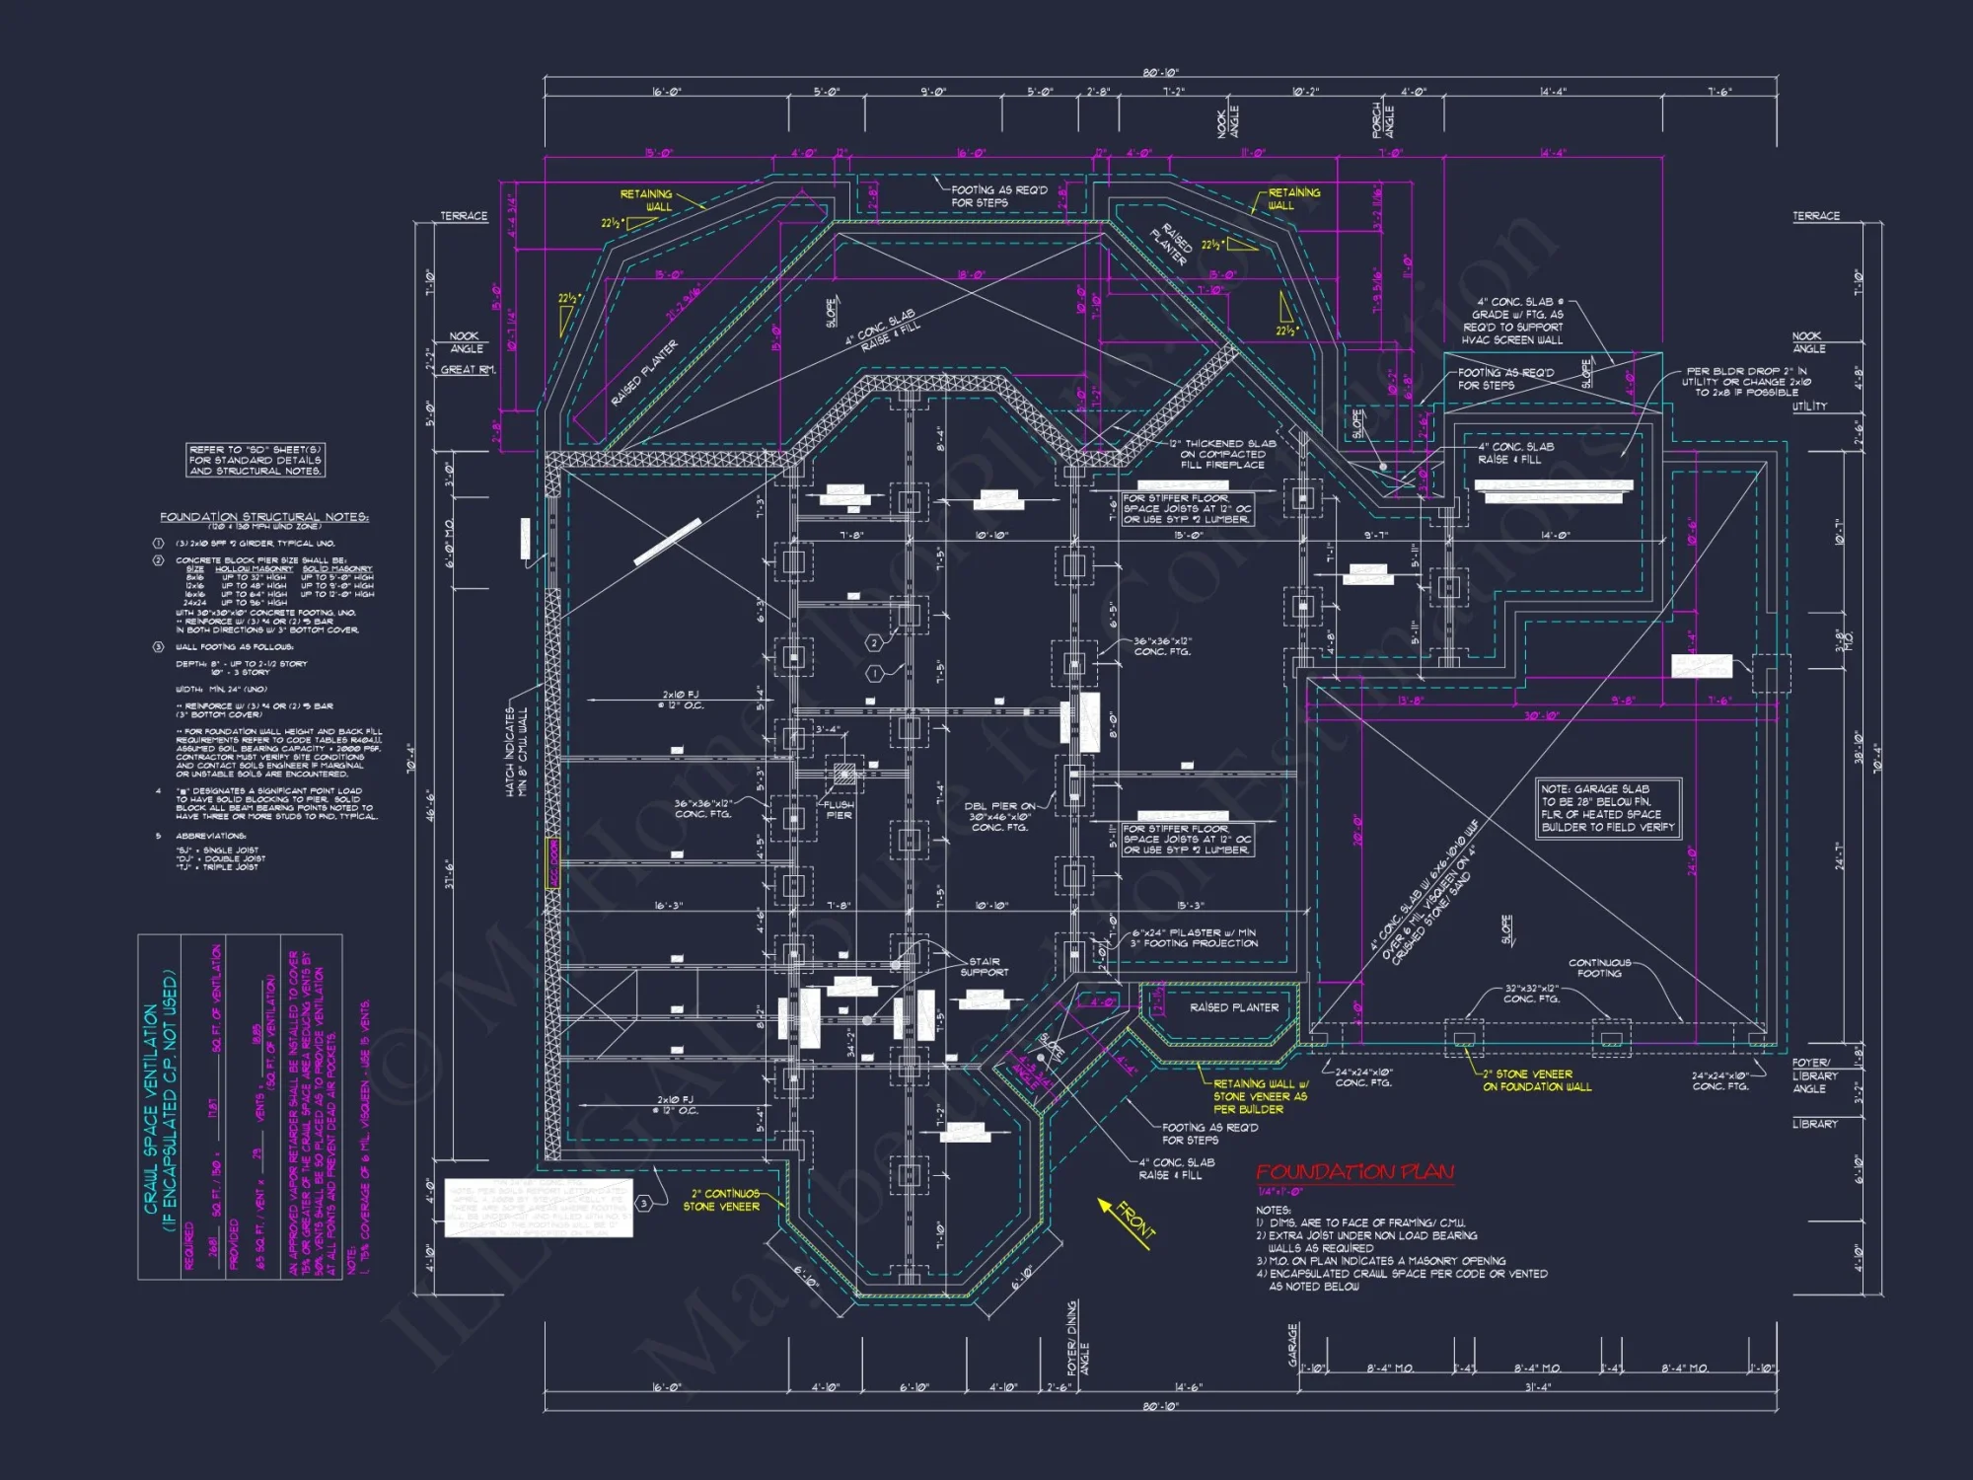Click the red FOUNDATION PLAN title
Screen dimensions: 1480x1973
coord(1353,1172)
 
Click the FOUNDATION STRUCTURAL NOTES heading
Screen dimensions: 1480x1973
coord(264,517)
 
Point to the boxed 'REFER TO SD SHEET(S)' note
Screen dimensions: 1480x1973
coord(255,460)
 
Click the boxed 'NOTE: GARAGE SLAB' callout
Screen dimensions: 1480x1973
coord(1607,808)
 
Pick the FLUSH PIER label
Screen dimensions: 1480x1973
coord(839,810)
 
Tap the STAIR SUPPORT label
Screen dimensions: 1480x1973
coord(984,967)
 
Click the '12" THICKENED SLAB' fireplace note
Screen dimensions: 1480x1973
coord(1222,454)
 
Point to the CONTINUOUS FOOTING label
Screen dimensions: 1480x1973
coord(1599,968)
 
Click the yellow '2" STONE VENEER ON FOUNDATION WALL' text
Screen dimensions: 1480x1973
coord(1536,1080)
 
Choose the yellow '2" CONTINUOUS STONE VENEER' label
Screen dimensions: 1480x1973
coord(723,1200)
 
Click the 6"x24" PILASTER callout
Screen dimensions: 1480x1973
coord(1194,937)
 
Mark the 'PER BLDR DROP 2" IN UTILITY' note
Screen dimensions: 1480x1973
coord(1747,382)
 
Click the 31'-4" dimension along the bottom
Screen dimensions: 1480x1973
coord(1537,1387)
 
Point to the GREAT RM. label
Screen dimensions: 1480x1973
coord(468,370)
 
